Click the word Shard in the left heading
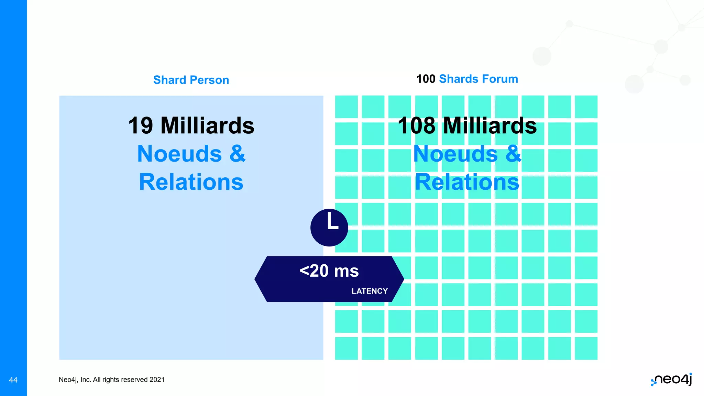tap(169, 80)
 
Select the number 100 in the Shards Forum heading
tap(426, 79)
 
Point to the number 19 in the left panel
tap(141, 125)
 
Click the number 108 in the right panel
tap(416, 125)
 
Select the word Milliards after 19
tap(207, 125)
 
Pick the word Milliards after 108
tap(490, 125)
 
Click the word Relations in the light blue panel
tap(191, 182)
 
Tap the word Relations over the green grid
tap(467, 182)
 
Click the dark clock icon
tap(329, 228)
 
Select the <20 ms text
tap(329, 271)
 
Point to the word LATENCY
tap(370, 291)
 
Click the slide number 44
tap(13, 380)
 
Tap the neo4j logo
tap(672, 379)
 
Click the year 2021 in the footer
tap(157, 380)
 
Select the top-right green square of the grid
tap(586, 107)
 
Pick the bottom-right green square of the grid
tap(586, 348)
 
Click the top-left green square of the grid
tap(346, 107)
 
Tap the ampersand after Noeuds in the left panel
tap(238, 154)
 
